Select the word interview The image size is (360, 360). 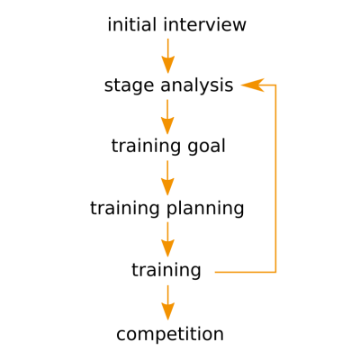205,24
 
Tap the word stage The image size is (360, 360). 129,86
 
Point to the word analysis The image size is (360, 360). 197,85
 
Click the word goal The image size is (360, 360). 207,147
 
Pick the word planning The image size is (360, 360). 205,209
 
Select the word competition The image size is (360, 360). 170,334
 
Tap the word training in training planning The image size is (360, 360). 125,209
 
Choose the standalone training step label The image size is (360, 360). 166,270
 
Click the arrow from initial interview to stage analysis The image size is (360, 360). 168,56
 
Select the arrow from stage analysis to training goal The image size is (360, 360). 167,117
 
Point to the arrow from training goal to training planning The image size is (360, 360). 167,178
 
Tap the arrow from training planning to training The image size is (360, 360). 167,239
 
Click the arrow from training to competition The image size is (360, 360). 168,302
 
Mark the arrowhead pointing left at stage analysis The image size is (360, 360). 252,85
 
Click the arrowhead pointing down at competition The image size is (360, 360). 168,311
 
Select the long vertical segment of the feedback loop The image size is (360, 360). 275,179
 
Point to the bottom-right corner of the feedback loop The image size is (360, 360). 275,272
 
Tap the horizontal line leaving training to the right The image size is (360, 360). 246,272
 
